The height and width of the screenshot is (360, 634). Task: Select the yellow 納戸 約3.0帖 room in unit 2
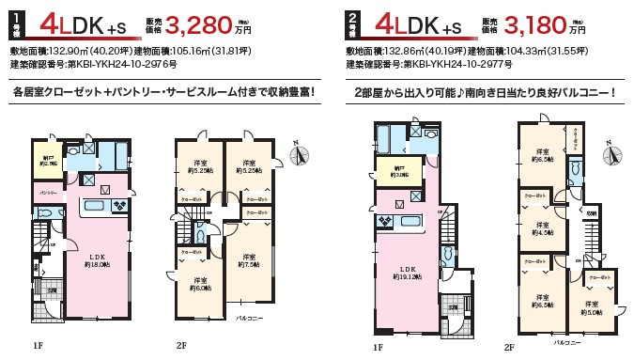pyautogui.click(x=386, y=171)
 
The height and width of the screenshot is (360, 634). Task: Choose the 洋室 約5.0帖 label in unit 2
pyautogui.click(x=591, y=307)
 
